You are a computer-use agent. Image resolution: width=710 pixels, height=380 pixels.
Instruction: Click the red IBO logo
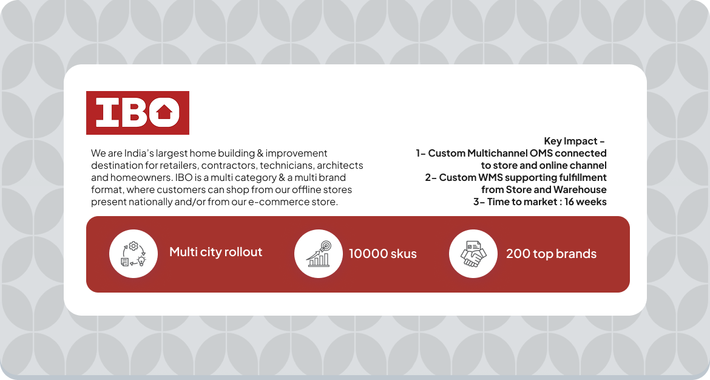[138, 113]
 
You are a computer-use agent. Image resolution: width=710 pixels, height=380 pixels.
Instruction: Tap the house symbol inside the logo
[164, 112]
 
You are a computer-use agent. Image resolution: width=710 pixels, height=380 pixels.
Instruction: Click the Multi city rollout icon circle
[134, 254]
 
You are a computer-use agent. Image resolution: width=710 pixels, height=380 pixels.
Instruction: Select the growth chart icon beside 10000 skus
[319, 254]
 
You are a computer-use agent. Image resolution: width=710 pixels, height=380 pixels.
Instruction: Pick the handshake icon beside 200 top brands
[473, 254]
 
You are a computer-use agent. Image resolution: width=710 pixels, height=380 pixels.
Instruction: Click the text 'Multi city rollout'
[215, 253]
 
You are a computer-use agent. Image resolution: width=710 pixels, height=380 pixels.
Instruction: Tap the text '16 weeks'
[585, 202]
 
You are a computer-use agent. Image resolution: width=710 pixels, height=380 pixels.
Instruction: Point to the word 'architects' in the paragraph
[340, 165]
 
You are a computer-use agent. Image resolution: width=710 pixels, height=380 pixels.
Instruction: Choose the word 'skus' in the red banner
[404, 254]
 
